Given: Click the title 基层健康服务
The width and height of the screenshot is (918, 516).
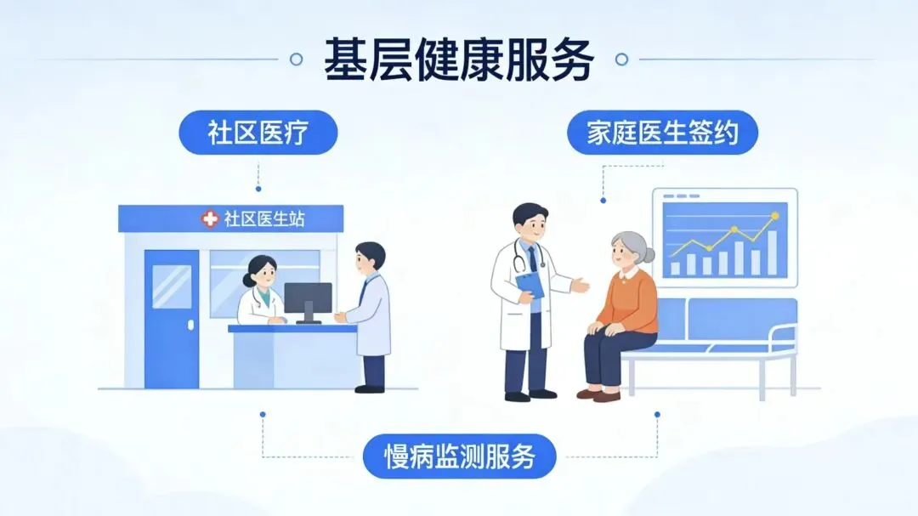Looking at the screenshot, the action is click(x=458, y=59).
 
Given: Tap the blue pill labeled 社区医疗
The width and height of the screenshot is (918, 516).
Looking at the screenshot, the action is click(x=258, y=133).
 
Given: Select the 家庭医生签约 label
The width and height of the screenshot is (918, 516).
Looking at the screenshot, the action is click(x=660, y=133).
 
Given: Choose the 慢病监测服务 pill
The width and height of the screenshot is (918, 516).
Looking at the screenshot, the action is click(x=460, y=457).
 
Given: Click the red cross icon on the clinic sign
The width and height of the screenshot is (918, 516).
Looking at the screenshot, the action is click(x=209, y=219).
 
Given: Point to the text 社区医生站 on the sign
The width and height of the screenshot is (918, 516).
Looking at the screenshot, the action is click(x=264, y=219).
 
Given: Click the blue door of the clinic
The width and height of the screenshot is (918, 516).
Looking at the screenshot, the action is click(x=171, y=315).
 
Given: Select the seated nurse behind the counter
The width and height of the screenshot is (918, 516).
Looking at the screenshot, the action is click(x=260, y=293).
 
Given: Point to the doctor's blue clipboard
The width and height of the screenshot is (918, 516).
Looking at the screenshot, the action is click(x=530, y=285).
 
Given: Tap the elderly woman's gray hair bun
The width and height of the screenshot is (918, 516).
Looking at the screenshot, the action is click(x=649, y=252).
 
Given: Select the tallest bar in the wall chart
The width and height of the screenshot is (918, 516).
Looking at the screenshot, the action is click(x=772, y=252).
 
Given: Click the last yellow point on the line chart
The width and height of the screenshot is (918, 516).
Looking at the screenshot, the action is click(x=774, y=216).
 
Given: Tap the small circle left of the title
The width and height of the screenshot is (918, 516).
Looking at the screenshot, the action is click(x=296, y=60).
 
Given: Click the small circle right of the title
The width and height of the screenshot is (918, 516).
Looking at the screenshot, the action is click(x=621, y=60).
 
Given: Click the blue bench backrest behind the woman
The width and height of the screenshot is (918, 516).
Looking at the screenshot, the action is click(x=731, y=319).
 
